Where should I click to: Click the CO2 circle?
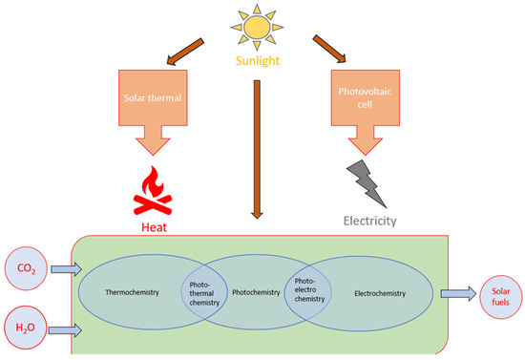pyautogui.click(x=29, y=270)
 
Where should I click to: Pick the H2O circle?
pyautogui.click(x=29, y=329)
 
